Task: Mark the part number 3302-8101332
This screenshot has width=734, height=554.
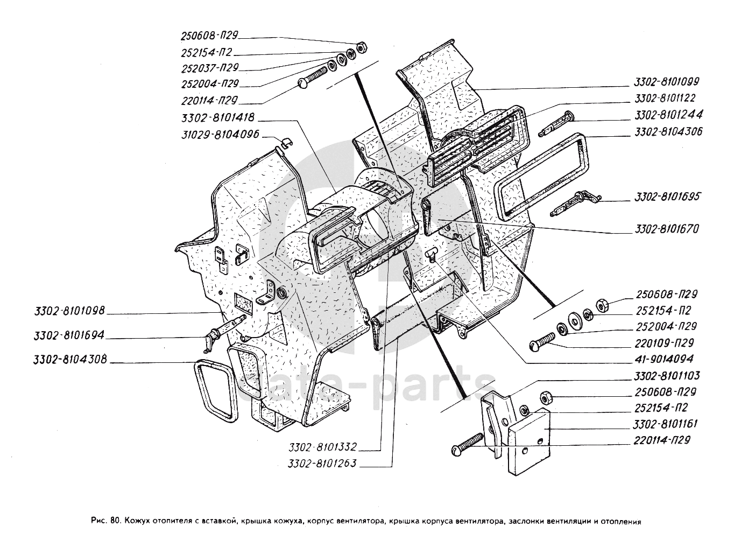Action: pyautogui.click(x=322, y=447)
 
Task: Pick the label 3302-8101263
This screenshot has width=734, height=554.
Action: pyautogui.click(x=322, y=463)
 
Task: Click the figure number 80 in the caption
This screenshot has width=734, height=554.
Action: pyautogui.click(x=114, y=521)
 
